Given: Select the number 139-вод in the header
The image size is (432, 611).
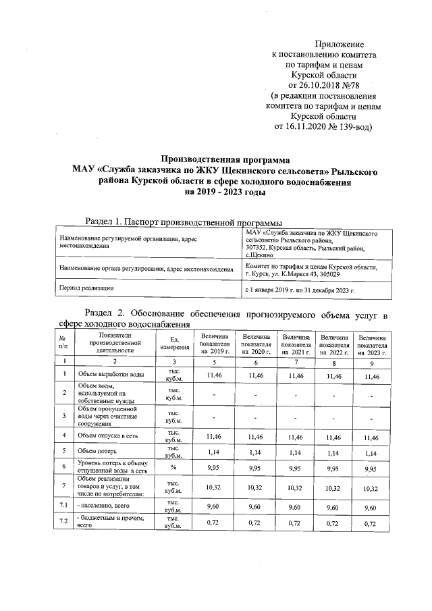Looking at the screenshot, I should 347,126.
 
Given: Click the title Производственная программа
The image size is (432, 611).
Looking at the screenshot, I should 225,160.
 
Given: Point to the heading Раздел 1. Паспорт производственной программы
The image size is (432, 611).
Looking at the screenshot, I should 182,221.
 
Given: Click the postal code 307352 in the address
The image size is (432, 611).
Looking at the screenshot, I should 257,248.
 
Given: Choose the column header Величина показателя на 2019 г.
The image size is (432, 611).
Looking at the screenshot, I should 215,344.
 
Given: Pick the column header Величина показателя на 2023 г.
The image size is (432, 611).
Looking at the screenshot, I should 373,344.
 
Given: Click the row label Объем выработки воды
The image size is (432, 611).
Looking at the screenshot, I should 111,374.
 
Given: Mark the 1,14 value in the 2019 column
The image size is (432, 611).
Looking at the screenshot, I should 215,450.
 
